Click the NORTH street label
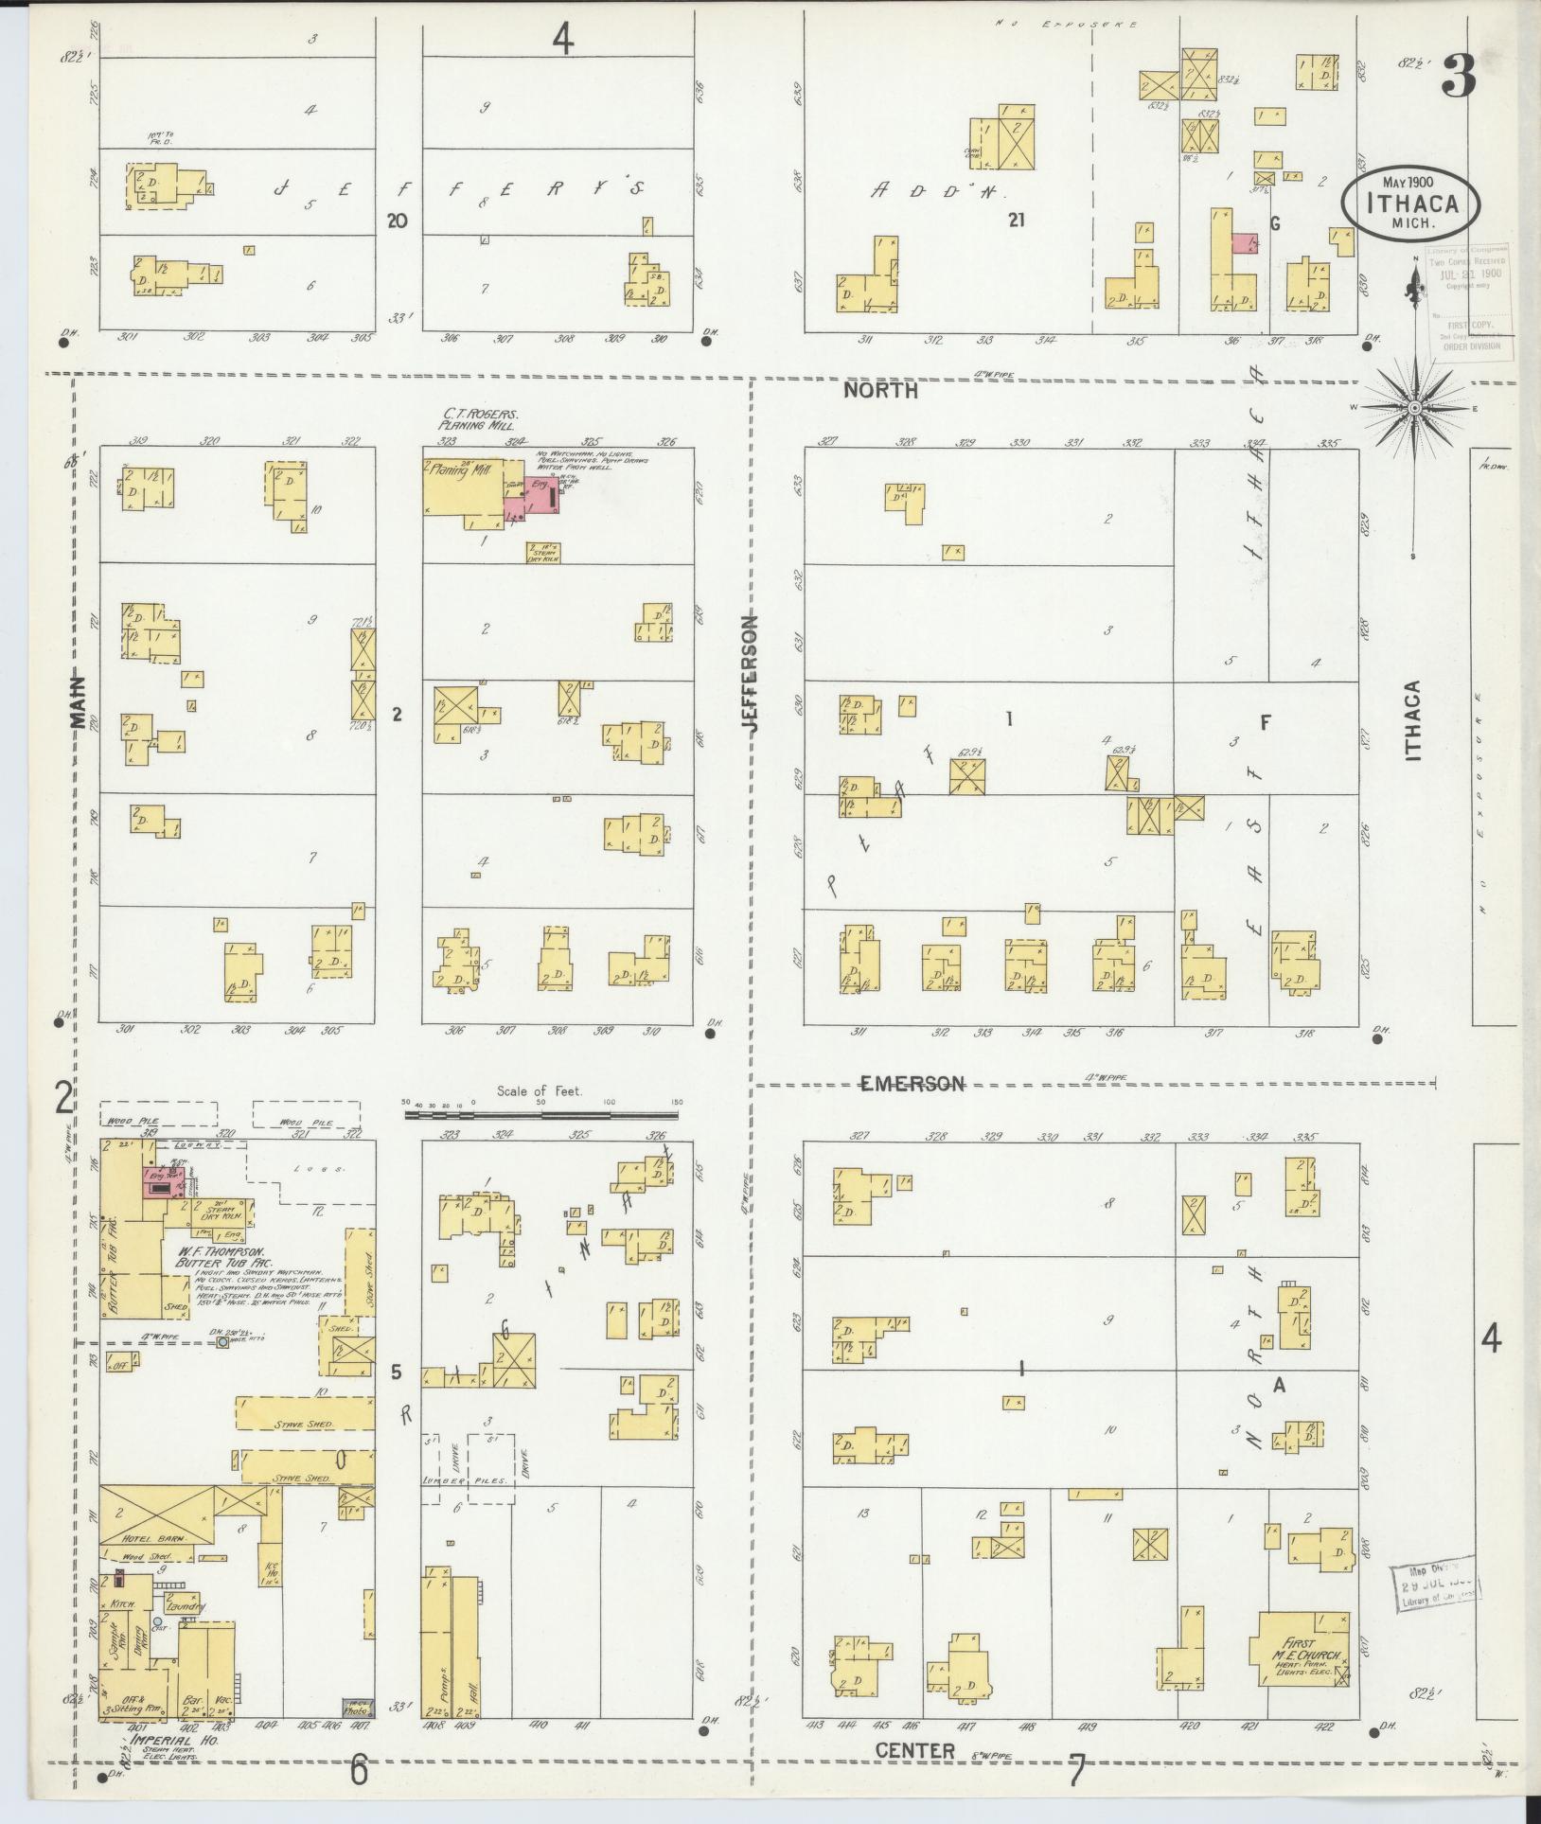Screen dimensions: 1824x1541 [x=880, y=390]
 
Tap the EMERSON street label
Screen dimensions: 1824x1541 [x=911, y=1083]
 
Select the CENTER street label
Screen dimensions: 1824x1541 [x=914, y=1751]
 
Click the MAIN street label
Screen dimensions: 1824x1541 [x=77, y=701]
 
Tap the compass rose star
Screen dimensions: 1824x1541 [x=1413, y=407]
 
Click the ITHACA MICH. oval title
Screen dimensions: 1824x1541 [x=1410, y=203]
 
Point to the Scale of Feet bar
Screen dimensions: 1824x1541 [x=543, y=1115]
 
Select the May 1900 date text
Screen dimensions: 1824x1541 [x=1408, y=182]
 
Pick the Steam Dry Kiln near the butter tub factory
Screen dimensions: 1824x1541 [x=217, y=1209]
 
